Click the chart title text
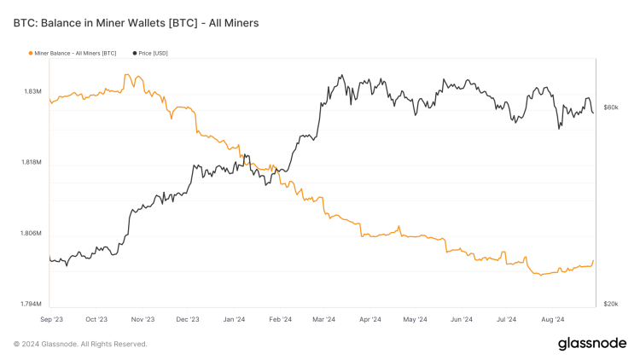(x=136, y=23)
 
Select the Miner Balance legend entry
(x=75, y=54)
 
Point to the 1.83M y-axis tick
(x=33, y=91)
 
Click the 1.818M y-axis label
(x=32, y=162)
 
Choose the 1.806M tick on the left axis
(x=32, y=234)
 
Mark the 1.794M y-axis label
(x=32, y=305)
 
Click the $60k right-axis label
(x=610, y=108)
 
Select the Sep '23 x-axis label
(x=51, y=319)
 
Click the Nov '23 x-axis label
(x=143, y=319)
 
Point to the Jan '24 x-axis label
(x=234, y=319)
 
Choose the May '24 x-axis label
(x=415, y=319)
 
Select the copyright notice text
(x=80, y=344)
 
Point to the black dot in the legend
(x=135, y=54)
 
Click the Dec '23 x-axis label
(x=188, y=319)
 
